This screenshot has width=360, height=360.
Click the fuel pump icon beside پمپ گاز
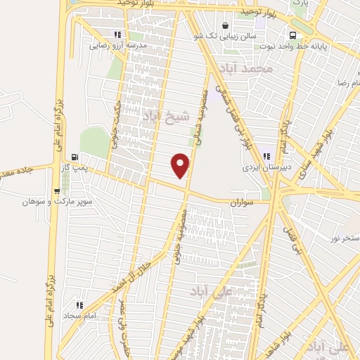75,157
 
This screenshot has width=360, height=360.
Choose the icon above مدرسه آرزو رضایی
117,34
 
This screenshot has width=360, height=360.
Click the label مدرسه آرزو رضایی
115,46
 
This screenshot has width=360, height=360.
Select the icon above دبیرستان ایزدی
266,156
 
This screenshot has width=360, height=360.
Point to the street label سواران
239,201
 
